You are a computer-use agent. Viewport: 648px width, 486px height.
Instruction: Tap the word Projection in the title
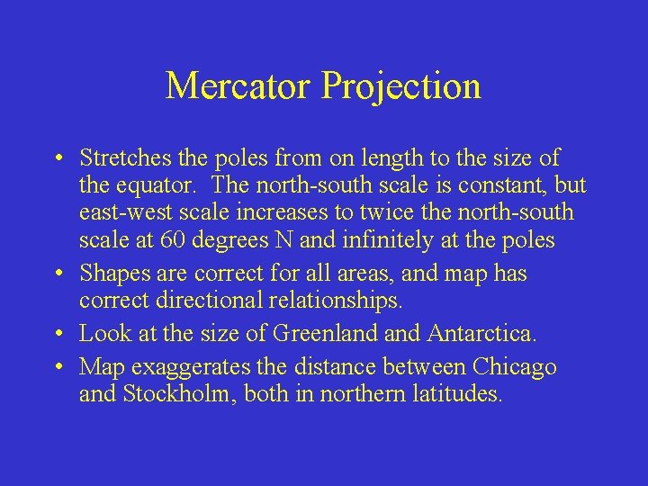coord(401,86)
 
